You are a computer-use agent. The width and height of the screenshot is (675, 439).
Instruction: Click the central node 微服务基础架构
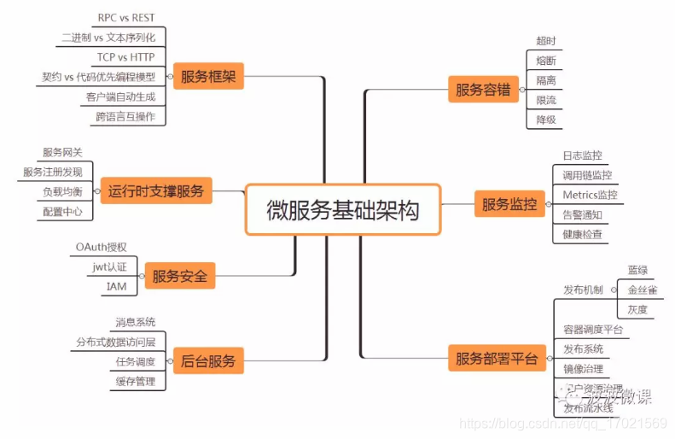point(343,209)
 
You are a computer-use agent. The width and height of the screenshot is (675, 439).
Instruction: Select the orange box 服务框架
point(208,78)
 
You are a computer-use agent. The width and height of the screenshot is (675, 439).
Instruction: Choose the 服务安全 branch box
point(179,276)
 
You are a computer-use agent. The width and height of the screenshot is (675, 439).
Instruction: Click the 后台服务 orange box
point(208,360)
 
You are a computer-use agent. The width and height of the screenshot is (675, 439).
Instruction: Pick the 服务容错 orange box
point(483,89)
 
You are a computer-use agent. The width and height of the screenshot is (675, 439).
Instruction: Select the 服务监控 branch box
point(509,204)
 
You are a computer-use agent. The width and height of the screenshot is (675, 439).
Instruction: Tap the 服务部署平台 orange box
point(496,359)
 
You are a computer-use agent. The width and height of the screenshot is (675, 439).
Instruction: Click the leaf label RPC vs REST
point(126,17)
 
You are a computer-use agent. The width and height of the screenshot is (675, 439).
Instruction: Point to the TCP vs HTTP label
point(126,57)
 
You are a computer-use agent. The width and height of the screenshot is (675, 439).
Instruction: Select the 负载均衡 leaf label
point(63,191)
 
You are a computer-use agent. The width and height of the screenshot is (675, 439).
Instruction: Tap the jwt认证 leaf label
point(109,266)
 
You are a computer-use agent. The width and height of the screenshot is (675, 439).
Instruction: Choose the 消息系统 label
point(136,322)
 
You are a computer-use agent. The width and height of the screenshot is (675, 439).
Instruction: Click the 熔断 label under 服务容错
point(546,61)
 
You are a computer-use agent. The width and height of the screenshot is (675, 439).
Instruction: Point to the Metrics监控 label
point(589,195)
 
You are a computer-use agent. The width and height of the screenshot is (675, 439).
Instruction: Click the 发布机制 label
point(583,290)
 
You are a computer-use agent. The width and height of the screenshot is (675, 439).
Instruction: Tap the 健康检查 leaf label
point(582,234)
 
